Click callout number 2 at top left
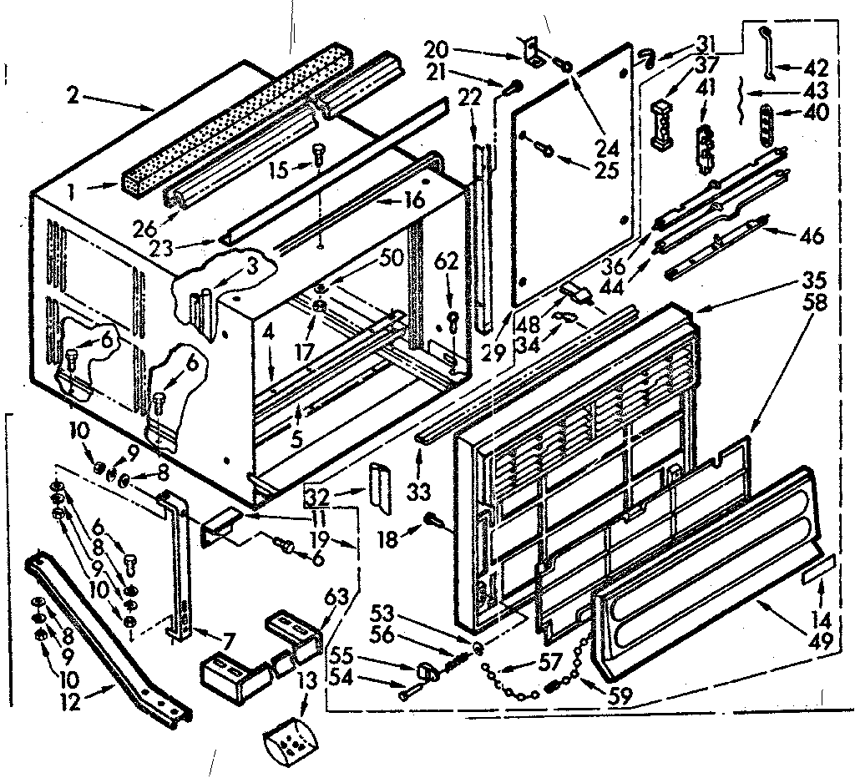[x=73, y=97]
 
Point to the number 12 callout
[x=71, y=702]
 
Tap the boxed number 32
[x=316, y=498]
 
